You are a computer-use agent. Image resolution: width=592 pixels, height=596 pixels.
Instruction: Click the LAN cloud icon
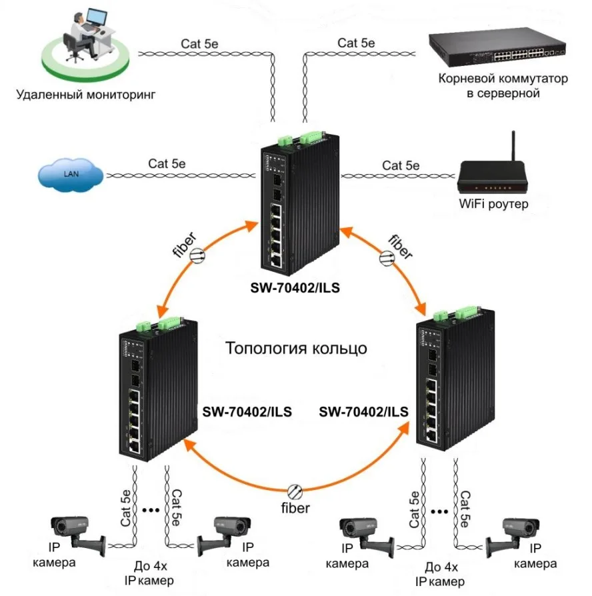tap(70, 175)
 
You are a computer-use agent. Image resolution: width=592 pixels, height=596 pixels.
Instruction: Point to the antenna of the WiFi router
tap(514, 147)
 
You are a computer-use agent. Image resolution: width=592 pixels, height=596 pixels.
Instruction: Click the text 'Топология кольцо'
tap(296, 349)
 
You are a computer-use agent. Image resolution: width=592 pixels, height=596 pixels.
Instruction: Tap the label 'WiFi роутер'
tap(494, 204)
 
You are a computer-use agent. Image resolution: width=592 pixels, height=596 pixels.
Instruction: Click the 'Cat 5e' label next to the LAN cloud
tap(167, 163)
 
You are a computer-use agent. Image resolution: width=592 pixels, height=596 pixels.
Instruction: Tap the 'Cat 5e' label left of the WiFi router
tap(401, 165)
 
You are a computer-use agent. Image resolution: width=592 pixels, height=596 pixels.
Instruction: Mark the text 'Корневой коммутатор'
tap(503, 79)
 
